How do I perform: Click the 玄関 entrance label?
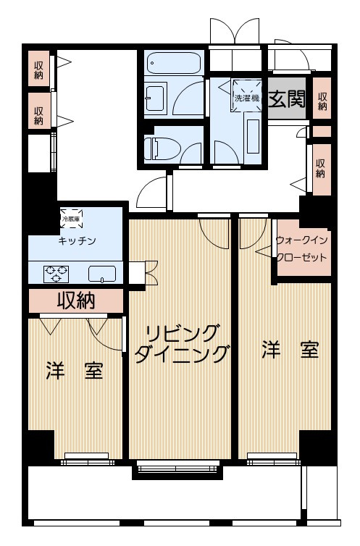[286, 99]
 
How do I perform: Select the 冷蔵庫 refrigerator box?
[70, 217]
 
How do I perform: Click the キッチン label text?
[77, 240]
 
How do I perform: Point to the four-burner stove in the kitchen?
[56, 274]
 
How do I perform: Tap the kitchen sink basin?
[101, 274]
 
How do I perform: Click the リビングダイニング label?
[181, 343]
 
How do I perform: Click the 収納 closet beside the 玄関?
[322, 101]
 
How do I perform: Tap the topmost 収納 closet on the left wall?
[38, 70]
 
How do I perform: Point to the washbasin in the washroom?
[154, 96]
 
